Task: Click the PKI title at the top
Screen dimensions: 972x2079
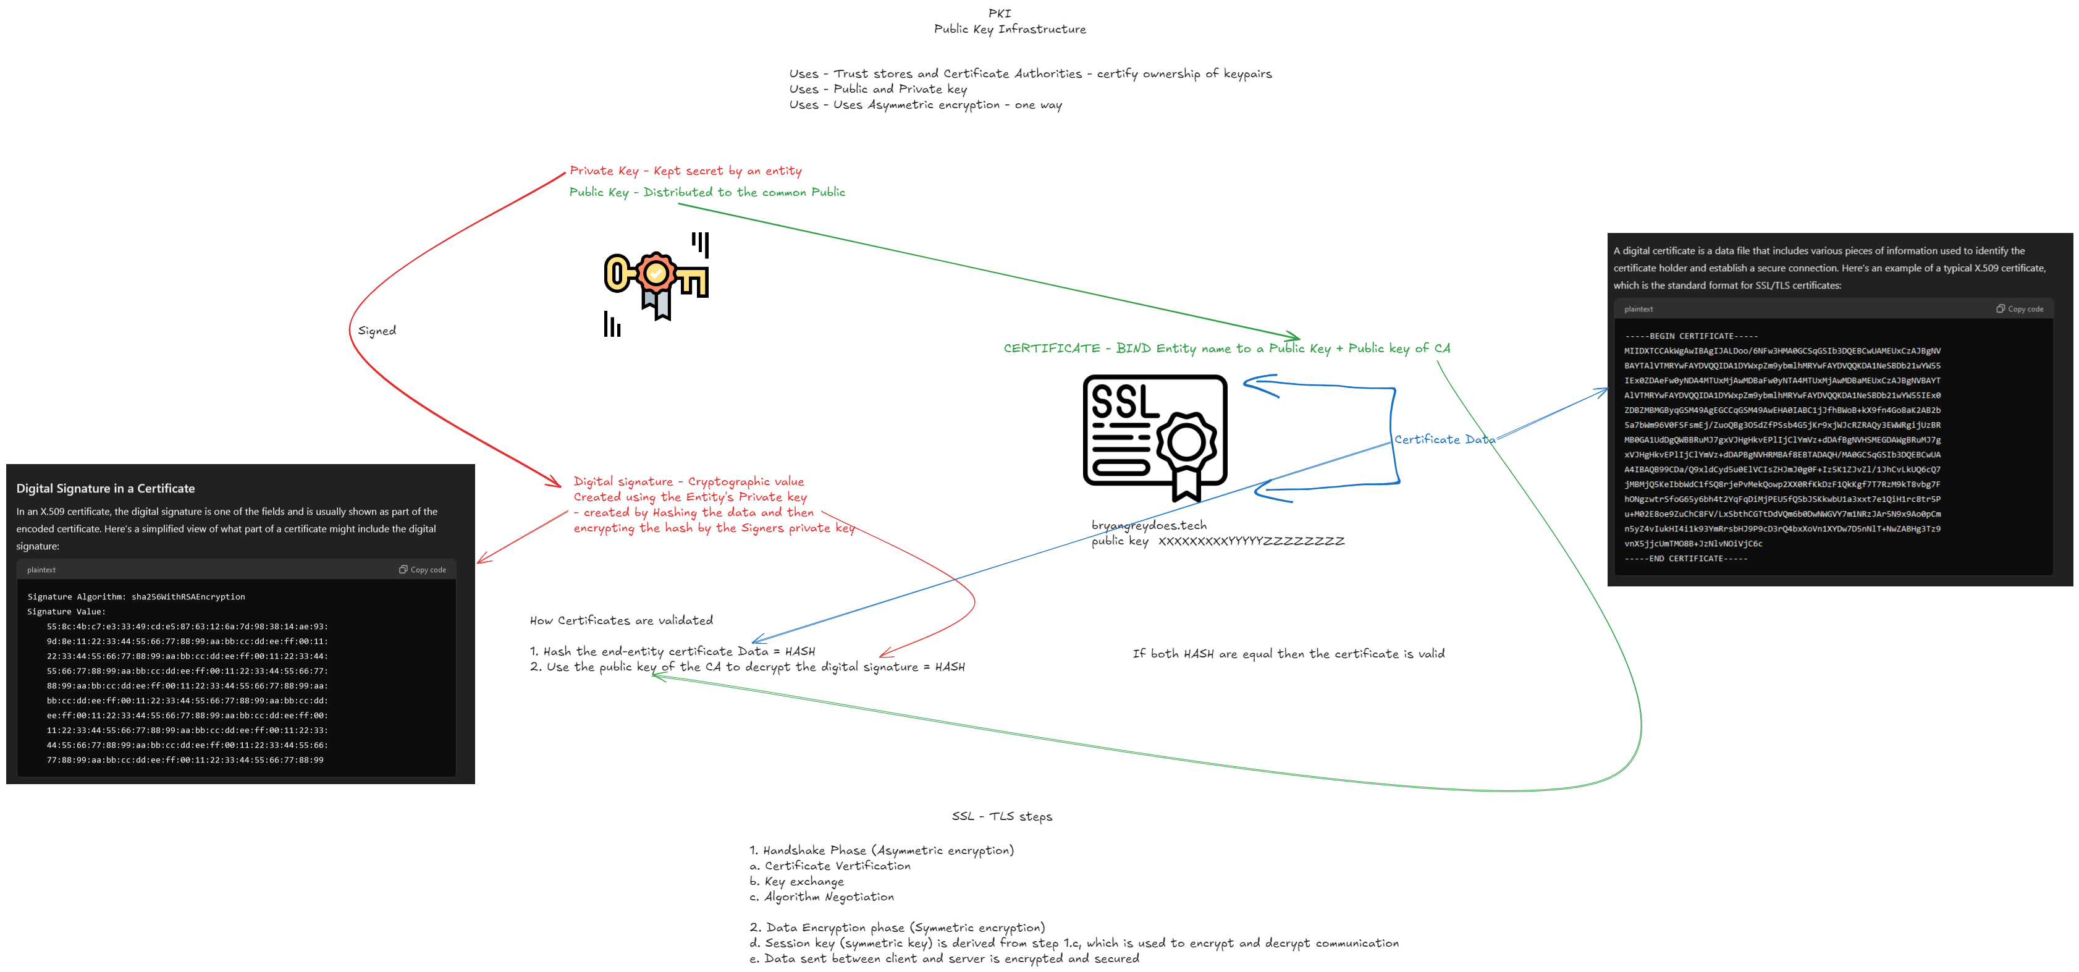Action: [999, 13]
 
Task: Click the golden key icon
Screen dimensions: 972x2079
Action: [656, 279]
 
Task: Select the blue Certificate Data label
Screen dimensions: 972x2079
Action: [1444, 440]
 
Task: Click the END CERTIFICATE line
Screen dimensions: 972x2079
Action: [1685, 559]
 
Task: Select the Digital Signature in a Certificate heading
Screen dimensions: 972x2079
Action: [106, 488]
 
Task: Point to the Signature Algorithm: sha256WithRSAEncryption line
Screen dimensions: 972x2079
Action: [135, 596]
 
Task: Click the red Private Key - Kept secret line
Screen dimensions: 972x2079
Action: [685, 171]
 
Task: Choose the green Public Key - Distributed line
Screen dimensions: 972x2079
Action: [707, 192]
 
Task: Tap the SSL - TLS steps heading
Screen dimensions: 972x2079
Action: [1002, 816]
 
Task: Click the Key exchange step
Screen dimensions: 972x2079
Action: [796, 882]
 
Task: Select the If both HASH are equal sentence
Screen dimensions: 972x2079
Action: [1288, 654]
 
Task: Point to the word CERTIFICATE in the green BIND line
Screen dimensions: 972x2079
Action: [1052, 349]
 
